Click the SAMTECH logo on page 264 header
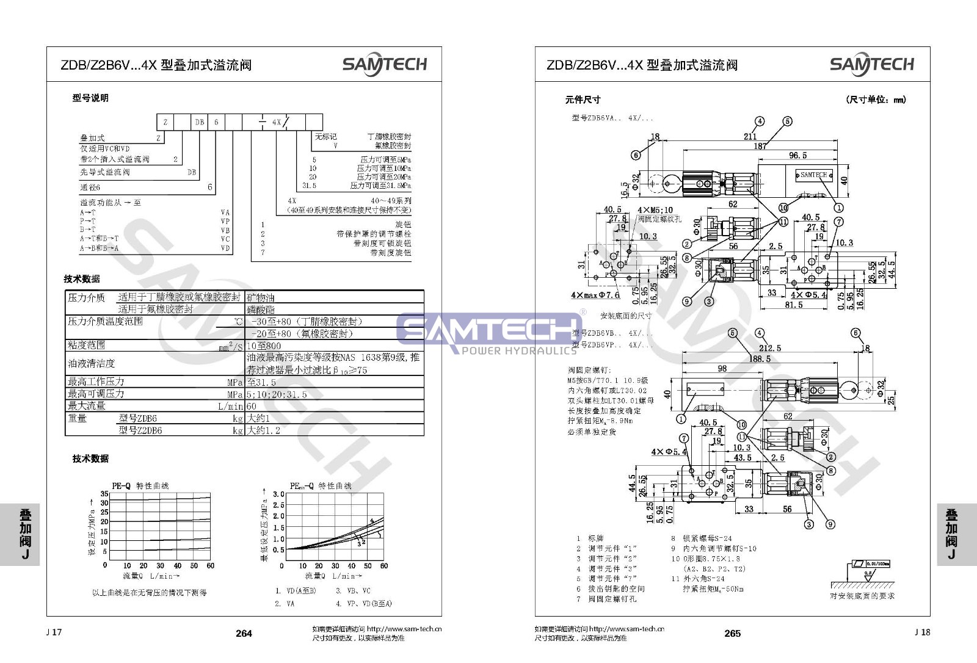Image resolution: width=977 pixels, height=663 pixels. pos(384,64)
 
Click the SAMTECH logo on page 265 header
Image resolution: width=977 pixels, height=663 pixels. pos(871,64)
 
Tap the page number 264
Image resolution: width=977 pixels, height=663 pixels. pos(244,633)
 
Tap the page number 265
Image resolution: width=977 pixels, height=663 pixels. pos(732,633)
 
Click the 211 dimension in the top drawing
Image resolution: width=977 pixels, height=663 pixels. pos(750,136)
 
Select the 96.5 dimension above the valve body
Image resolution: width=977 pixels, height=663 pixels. pos(797,156)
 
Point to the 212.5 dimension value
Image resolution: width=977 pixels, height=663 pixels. pos(770,348)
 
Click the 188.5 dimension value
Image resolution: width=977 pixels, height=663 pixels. pos(760,359)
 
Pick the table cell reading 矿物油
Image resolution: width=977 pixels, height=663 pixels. pos(261,297)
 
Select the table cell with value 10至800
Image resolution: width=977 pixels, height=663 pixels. pos(264,346)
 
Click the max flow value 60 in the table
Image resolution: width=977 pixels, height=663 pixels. pos(252,406)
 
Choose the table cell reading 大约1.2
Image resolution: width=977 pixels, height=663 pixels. pos(264,430)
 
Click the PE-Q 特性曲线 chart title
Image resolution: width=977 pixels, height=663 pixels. pos(140,486)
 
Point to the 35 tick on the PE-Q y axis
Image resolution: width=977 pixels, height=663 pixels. pos(104,493)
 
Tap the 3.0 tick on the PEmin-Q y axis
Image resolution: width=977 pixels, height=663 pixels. pos(278,494)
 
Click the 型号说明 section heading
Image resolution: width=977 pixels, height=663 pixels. pos(90,98)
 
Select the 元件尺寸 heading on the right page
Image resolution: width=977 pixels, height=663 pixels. pos(583,100)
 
